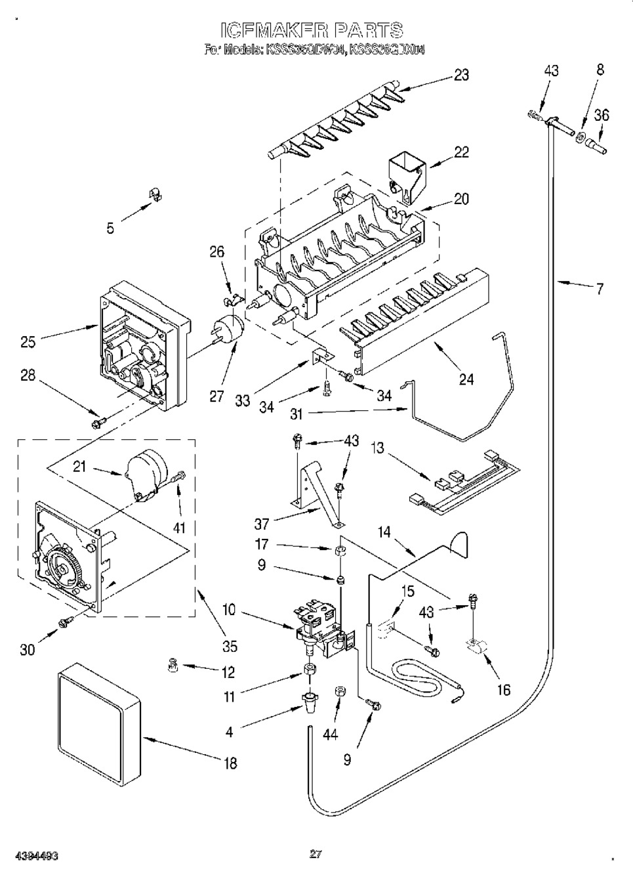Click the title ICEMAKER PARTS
(311, 30)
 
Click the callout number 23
(461, 75)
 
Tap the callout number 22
(461, 152)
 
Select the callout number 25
(28, 341)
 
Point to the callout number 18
(230, 763)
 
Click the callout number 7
(600, 288)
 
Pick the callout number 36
(601, 116)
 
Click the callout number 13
(378, 449)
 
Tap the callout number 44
(330, 735)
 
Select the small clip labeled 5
(156, 193)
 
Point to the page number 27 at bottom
(315, 854)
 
